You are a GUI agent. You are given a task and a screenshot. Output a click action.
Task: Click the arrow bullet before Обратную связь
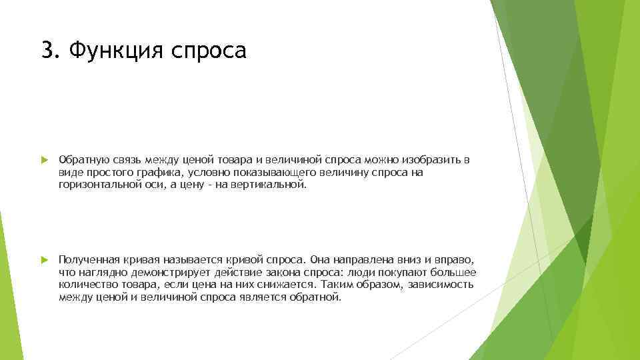[44, 161]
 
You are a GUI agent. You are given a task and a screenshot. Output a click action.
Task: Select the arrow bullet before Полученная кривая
[44, 259]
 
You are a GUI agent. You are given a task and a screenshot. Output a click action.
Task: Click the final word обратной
[316, 296]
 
